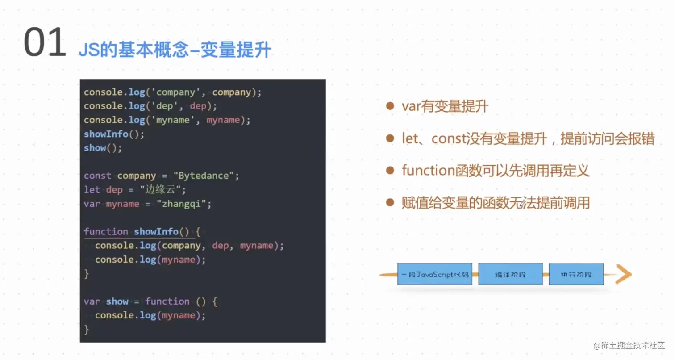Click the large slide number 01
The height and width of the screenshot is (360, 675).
[x=45, y=43]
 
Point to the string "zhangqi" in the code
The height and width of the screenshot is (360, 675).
[x=183, y=204]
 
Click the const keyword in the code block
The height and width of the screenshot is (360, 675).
[x=97, y=176]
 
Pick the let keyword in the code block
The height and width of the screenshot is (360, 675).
[x=92, y=190]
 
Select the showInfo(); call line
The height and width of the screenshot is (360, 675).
[x=114, y=134]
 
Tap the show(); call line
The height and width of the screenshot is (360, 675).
[x=103, y=148]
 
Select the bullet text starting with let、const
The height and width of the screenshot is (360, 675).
[x=528, y=139]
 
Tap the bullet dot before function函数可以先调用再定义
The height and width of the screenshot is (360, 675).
[x=391, y=171]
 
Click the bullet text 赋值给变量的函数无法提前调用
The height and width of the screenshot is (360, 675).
[x=496, y=203]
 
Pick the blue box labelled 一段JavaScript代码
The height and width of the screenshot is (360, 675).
[x=434, y=274]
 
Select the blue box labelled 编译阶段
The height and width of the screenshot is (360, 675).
[x=510, y=274]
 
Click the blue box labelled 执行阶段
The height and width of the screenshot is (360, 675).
[x=576, y=274]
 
